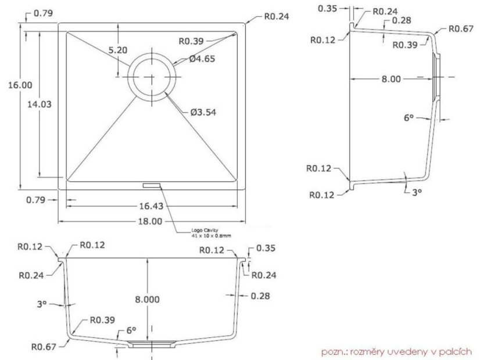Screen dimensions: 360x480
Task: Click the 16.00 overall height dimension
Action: point(20,85)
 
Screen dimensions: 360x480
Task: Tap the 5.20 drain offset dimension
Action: point(118,50)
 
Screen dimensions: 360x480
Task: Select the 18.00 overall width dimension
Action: point(151,221)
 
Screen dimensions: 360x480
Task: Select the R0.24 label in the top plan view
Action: point(276,17)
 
